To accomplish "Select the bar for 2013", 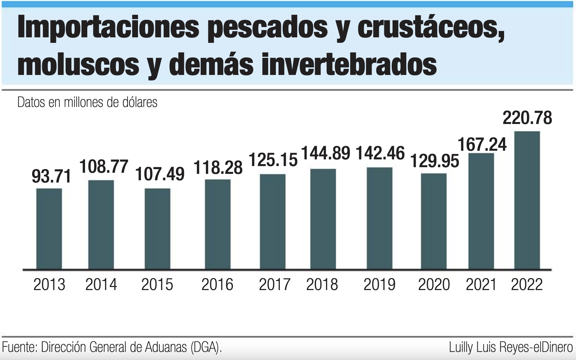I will click(49, 229).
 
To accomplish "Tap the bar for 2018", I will click(323, 219).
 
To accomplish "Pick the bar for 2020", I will click(434, 221).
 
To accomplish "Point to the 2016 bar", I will click(217, 224).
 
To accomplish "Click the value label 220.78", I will click(527, 118).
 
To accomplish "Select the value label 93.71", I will click(51, 176).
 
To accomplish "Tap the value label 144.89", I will click(326, 153).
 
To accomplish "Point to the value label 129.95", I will click(435, 161).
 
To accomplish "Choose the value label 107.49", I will click(160, 174).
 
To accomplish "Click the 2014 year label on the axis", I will click(101, 285).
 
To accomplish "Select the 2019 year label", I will click(379, 285).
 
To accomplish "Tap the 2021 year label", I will click(481, 285).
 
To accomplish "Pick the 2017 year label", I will click(275, 285).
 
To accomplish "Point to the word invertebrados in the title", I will click(349, 65).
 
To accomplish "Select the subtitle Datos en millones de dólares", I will click(87, 103).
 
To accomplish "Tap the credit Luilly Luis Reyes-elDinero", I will click(511, 347).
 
